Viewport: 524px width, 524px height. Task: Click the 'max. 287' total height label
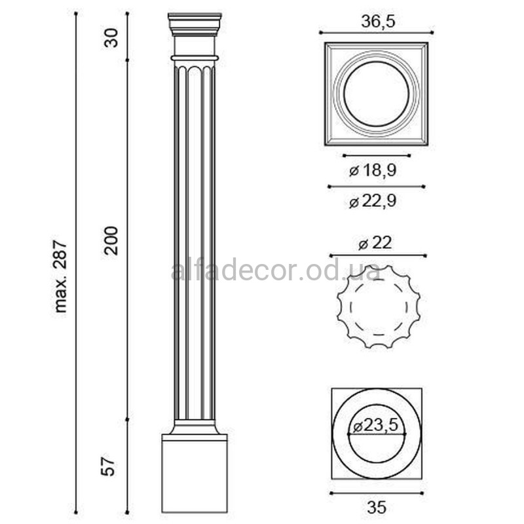(x=60, y=276)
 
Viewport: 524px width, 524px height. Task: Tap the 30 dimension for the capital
(x=111, y=38)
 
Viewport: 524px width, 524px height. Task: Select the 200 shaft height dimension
(x=111, y=240)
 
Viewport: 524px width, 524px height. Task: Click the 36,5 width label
(x=378, y=22)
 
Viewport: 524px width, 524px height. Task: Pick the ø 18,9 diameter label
(x=373, y=170)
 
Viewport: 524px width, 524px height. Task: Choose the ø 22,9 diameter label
(x=373, y=201)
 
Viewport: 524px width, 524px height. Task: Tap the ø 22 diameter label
(x=375, y=243)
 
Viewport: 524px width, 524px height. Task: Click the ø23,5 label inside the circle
(x=375, y=425)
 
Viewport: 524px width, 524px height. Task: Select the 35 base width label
(x=377, y=507)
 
